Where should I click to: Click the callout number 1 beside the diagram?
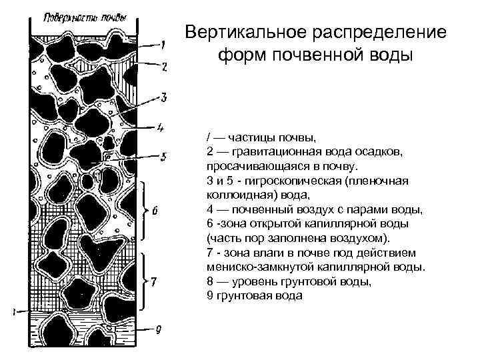tap(162, 45)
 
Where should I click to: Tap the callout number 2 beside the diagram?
tap(164, 67)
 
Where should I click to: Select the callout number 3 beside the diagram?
tap(164, 97)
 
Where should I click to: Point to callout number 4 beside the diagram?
tap(161, 125)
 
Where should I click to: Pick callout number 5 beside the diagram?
tap(163, 157)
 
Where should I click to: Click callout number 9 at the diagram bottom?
tap(158, 329)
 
